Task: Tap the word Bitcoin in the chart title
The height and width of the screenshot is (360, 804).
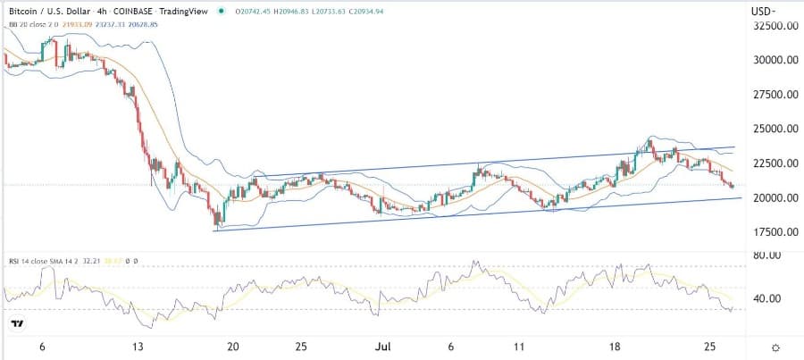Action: [24, 10]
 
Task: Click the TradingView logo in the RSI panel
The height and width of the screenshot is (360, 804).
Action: [15, 322]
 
